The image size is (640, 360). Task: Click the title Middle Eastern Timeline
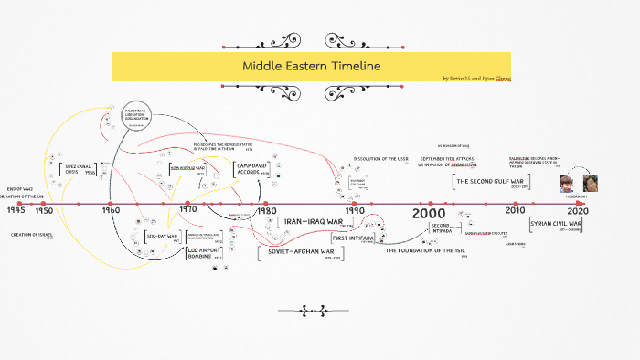click(x=310, y=67)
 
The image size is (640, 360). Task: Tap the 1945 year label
click(x=16, y=210)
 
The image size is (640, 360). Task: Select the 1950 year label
click(x=45, y=210)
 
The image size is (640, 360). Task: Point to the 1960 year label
click(x=111, y=210)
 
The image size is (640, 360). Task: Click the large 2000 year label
click(x=428, y=213)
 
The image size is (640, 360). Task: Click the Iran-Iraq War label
click(x=313, y=221)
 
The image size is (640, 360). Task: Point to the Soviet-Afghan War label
click(x=293, y=250)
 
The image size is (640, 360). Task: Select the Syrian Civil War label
click(x=556, y=223)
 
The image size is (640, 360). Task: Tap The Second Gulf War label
click(x=491, y=181)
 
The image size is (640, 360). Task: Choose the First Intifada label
click(x=352, y=238)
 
